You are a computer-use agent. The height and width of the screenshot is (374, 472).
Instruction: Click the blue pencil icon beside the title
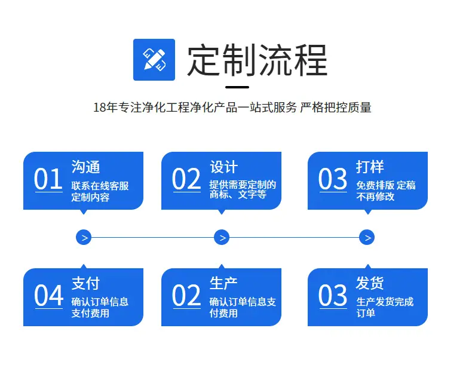(x=154, y=60)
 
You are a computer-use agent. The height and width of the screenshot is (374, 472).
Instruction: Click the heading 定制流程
(x=258, y=60)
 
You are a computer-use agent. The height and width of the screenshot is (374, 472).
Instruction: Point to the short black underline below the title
(x=237, y=87)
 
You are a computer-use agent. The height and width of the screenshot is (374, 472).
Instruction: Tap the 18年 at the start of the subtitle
(x=105, y=108)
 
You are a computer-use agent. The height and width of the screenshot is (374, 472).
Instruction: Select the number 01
(x=48, y=179)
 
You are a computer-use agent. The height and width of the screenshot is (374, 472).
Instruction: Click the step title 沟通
(x=85, y=167)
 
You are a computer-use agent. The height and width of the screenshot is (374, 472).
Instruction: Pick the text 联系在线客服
(x=100, y=186)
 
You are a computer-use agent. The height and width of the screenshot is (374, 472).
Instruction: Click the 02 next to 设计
(x=186, y=179)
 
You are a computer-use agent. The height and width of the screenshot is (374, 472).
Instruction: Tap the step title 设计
(x=223, y=167)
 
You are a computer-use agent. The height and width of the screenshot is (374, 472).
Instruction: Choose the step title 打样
(x=370, y=167)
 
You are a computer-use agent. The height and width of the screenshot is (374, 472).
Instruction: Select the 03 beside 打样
(x=333, y=179)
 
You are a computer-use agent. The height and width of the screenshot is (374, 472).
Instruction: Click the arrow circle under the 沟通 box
(x=84, y=237)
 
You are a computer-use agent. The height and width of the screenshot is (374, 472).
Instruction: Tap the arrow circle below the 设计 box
(x=222, y=237)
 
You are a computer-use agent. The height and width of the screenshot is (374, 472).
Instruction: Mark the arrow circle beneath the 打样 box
(x=367, y=237)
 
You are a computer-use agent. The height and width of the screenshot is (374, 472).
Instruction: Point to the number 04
(x=48, y=295)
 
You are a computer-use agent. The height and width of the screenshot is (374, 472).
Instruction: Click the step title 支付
(x=85, y=283)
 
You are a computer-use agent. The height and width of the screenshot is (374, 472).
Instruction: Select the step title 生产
(x=223, y=283)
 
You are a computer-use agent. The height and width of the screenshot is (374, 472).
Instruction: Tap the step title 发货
(x=370, y=283)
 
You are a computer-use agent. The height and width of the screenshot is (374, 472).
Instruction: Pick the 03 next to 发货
(x=333, y=295)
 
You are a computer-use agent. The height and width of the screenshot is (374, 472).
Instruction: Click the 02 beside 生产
(x=186, y=295)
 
